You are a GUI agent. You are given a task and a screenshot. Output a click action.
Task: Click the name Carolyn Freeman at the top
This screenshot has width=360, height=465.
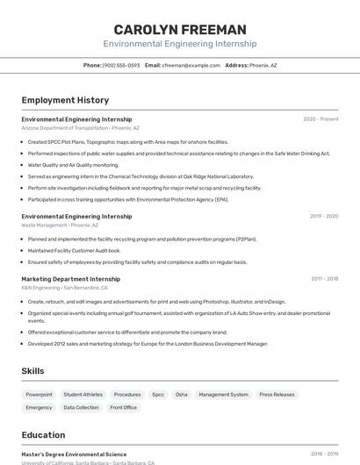coord(180,29)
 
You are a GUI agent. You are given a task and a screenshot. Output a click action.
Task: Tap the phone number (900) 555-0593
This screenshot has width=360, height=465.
coord(120,65)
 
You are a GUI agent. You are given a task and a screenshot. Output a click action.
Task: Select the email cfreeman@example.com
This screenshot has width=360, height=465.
coord(191,65)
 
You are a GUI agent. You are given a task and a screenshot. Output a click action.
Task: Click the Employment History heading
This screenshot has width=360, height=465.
coord(65,100)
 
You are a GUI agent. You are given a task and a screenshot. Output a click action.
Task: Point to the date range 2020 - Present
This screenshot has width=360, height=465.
coord(320,119)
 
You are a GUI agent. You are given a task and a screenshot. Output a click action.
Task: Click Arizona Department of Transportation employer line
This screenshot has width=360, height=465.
coord(80,128)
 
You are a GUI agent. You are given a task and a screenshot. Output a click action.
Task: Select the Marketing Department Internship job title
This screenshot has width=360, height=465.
coord(70,279)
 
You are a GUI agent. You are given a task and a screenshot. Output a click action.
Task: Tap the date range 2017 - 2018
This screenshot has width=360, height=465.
coord(324,279)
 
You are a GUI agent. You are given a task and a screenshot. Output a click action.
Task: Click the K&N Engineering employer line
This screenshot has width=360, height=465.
coord(64,288)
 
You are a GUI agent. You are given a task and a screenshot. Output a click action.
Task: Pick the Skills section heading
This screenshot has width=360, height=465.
coord(32,371)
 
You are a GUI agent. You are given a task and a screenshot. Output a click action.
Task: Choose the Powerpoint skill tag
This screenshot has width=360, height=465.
coord(39,395)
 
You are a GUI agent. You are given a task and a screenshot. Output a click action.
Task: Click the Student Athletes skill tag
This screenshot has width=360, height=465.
coord(83,395)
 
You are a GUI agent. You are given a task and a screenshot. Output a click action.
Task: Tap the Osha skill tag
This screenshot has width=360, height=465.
coord(182,395)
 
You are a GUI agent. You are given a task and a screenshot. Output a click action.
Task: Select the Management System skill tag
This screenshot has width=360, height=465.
coord(223,395)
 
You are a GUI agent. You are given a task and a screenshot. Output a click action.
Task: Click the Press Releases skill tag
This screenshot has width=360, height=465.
coord(277,395)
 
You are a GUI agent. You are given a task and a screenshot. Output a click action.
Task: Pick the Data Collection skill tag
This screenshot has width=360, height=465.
coord(81,407)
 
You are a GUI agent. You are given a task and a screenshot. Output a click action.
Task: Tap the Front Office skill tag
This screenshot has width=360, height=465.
coord(123,407)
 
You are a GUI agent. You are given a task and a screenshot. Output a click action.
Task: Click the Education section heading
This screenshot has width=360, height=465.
coord(43,435)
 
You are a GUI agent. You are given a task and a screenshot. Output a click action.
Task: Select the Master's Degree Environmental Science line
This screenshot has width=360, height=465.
coord(74,454)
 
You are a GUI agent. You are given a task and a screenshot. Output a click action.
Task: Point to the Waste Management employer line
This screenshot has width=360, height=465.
coord(60,225)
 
